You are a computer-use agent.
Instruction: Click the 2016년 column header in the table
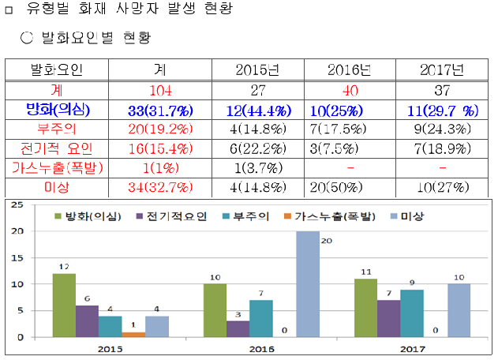pyautogui.click(x=349, y=69)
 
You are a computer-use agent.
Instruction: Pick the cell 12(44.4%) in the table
pyautogui.click(x=257, y=108)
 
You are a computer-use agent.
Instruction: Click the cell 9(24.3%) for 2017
pyautogui.click(x=442, y=128)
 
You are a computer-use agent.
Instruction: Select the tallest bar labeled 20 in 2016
pyautogui.click(x=309, y=284)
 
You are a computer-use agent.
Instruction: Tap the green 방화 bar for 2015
pyautogui.click(x=64, y=306)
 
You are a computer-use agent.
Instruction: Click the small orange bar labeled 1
pyautogui.click(x=134, y=334)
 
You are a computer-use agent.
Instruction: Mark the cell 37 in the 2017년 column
pyautogui.click(x=442, y=89)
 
